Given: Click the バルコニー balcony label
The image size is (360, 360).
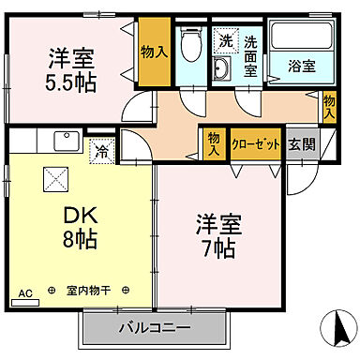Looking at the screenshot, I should click(x=155, y=329).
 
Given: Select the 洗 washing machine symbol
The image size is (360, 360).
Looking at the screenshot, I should click(x=225, y=41).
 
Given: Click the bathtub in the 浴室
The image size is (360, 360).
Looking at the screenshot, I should click(x=303, y=37).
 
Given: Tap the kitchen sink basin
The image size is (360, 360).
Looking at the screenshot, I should click(x=67, y=142).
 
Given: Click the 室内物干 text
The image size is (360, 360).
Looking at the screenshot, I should click(x=88, y=292).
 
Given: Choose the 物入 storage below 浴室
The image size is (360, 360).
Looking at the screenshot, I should click(x=329, y=106).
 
